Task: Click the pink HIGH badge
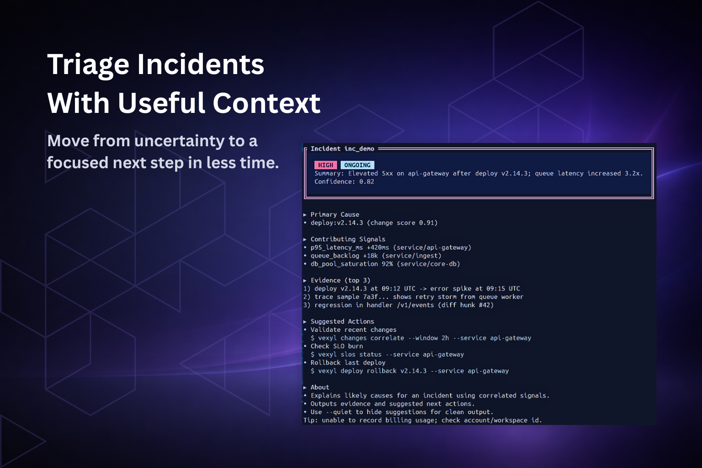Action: click(325, 165)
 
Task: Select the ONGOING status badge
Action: click(357, 165)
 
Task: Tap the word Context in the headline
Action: click(266, 103)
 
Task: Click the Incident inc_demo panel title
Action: click(342, 149)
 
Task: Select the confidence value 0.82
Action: click(367, 181)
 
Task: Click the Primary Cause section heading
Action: click(335, 214)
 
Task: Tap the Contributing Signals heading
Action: click(348, 239)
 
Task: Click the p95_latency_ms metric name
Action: click(337, 247)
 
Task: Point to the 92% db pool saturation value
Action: click(387, 264)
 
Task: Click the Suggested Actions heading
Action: click(342, 321)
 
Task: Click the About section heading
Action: click(320, 387)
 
